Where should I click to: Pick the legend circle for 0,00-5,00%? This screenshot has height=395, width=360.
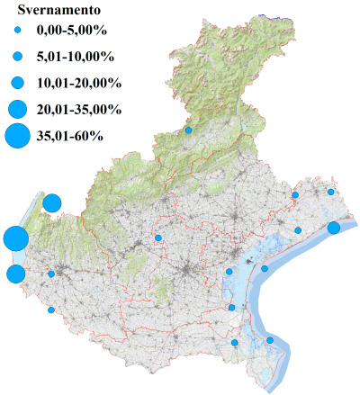point(17,31)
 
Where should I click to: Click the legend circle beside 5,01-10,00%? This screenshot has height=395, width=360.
point(17,57)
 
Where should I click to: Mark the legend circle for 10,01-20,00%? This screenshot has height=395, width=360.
point(17,83)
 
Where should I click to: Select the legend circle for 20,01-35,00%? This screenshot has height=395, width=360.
point(17,109)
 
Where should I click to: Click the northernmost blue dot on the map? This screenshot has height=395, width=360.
point(189,130)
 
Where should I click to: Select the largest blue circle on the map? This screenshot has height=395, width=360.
point(15,239)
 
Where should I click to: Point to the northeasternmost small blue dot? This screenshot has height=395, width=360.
point(331,192)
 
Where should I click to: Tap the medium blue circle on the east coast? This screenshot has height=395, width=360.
point(334,228)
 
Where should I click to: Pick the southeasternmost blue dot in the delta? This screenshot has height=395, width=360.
point(270,340)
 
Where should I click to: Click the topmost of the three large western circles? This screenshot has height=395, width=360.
point(51,202)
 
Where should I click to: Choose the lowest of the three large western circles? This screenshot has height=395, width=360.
point(15,274)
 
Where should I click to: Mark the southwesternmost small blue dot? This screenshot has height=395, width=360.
point(51,310)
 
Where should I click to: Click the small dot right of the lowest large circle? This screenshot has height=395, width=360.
point(51,274)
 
